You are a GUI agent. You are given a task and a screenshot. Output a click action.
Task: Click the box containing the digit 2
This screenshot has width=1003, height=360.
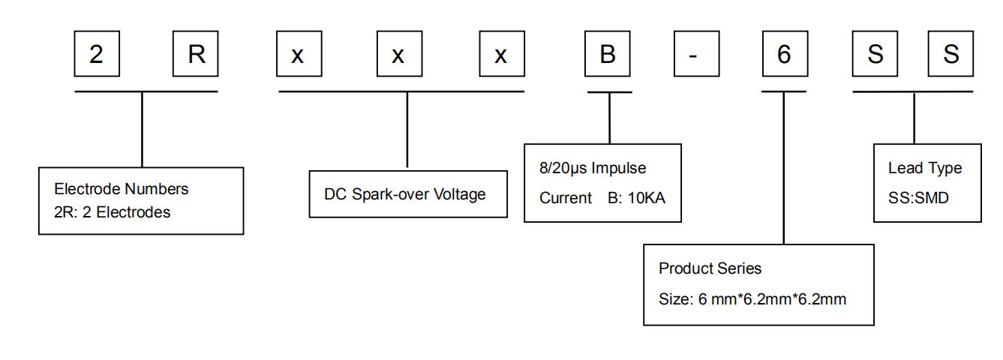point(97,55)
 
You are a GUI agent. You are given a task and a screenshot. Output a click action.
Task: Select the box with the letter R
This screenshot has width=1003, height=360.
point(196,55)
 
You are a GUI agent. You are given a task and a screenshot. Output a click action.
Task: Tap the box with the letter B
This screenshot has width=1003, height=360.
point(608,55)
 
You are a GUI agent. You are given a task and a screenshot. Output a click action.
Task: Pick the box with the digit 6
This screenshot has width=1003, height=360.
point(784,55)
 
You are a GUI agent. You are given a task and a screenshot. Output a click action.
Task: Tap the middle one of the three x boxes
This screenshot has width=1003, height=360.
point(398,55)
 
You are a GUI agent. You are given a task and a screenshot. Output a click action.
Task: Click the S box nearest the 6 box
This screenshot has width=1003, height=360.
point(876,55)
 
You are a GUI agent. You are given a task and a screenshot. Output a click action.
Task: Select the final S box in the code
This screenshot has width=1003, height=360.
point(951,55)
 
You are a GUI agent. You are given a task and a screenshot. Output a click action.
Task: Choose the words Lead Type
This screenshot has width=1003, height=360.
point(924,168)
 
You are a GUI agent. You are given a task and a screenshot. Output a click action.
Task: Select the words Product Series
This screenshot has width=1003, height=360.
point(710,268)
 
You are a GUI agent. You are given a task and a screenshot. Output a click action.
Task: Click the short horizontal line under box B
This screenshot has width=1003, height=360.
point(609,91)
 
